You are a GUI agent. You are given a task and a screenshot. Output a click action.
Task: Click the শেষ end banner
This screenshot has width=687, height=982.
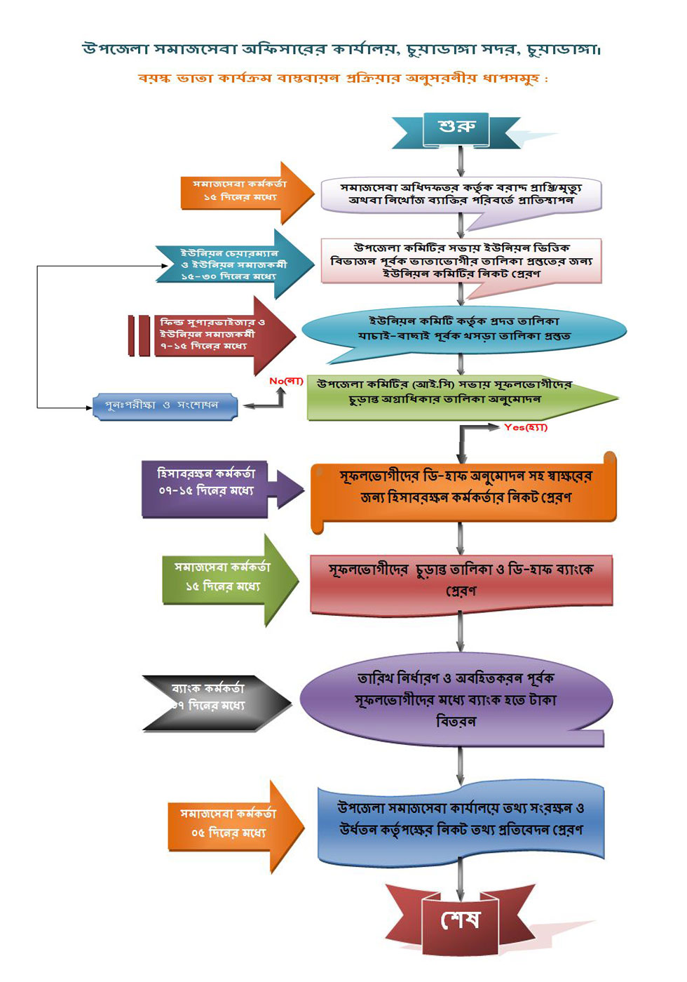pyautogui.click(x=460, y=920)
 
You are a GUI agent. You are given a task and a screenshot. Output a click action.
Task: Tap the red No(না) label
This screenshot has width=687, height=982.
pyautogui.click(x=286, y=381)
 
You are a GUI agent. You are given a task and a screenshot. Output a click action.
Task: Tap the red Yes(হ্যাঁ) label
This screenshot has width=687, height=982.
pyautogui.click(x=525, y=427)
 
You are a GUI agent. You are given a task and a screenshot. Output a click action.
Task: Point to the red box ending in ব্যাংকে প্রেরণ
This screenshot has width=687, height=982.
pyautogui.click(x=461, y=581)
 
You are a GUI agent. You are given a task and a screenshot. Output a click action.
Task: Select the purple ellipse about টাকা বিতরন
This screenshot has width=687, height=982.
pyautogui.click(x=456, y=699)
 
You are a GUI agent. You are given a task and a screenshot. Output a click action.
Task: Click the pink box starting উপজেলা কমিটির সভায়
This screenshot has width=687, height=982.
pyautogui.click(x=461, y=261)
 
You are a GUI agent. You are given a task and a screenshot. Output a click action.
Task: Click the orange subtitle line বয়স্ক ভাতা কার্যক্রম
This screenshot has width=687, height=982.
pyautogui.click(x=342, y=78)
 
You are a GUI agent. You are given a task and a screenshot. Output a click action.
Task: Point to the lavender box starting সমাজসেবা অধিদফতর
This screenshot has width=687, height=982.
pyautogui.click(x=461, y=196)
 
